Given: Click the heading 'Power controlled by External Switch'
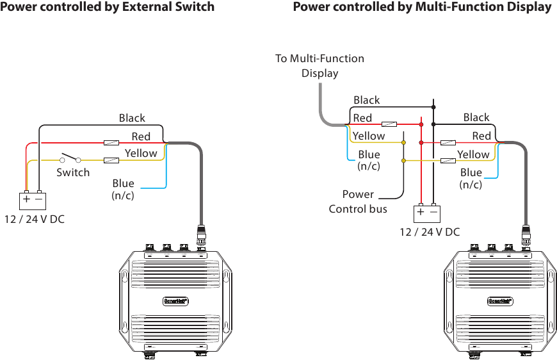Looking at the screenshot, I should click(x=107, y=7).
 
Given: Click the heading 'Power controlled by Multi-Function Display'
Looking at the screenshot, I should click(x=422, y=7).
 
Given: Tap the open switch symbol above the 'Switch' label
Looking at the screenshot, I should click(x=70, y=158).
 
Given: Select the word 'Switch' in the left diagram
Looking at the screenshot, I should click(x=73, y=172).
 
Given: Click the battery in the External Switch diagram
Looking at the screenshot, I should click(x=33, y=199).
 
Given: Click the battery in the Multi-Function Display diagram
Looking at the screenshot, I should click(x=427, y=211).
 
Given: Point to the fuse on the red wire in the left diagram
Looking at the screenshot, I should click(x=111, y=142).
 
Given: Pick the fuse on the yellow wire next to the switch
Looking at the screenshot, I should click(x=111, y=160).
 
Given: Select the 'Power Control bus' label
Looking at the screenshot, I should click(x=358, y=201).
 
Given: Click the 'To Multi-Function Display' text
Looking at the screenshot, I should click(x=319, y=65).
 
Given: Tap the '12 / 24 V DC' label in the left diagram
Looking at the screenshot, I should click(x=35, y=220).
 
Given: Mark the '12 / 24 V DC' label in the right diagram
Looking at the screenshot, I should click(x=430, y=232).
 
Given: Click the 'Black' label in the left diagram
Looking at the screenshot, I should click(x=132, y=118).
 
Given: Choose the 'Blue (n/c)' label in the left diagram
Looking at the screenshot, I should click(x=123, y=189).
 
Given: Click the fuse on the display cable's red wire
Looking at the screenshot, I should click(x=389, y=124).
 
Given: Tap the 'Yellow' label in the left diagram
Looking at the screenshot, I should click(x=141, y=153).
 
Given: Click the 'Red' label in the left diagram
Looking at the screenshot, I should click(x=141, y=136).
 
